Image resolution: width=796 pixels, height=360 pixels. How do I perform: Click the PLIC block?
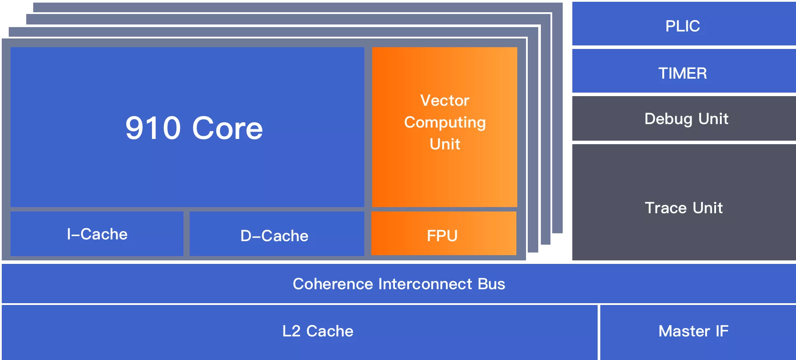pyautogui.click(x=684, y=24)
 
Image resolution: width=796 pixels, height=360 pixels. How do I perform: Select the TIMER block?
pyautogui.click(x=684, y=71)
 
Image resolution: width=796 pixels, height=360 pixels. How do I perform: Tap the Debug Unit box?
pyautogui.click(x=684, y=118)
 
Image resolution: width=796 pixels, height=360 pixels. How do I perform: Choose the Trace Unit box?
pyautogui.click(x=684, y=202)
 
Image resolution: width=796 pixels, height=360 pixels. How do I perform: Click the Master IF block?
pyautogui.click(x=698, y=332)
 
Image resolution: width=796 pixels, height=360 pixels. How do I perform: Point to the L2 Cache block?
pyautogui.click(x=299, y=332)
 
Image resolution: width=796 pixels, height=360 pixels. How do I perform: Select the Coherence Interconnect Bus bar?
pyautogui.click(x=398, y=284)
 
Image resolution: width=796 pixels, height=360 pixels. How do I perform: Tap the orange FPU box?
pyautogui.click(x=444, y=233)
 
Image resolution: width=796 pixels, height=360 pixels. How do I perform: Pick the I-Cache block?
pyautogui.click(x=97, y=234)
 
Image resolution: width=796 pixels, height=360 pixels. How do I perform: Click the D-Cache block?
pyautogui.click(x=277, y=234)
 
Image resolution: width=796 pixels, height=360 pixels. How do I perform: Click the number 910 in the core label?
pyautogui.click(x=153, y=128)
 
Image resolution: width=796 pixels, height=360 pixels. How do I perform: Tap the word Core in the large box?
pyautogui.click(x=228, y=128)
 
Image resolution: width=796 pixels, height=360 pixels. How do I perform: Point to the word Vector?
pyautogui.click(x=445, y=100)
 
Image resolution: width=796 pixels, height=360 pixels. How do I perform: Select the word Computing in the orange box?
pyautogui.click(x=445, y=123)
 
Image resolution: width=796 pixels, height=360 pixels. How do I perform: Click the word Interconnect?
pyautogui.click(x=426, y=284)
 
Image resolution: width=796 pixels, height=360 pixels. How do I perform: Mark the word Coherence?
pyautogui.click(x=333, y=284)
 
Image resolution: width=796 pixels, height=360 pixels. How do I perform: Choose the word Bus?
pyautogui.click(x=491, y=284)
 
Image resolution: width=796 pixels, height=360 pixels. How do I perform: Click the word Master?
pyautogui.click(x=684, y=331)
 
